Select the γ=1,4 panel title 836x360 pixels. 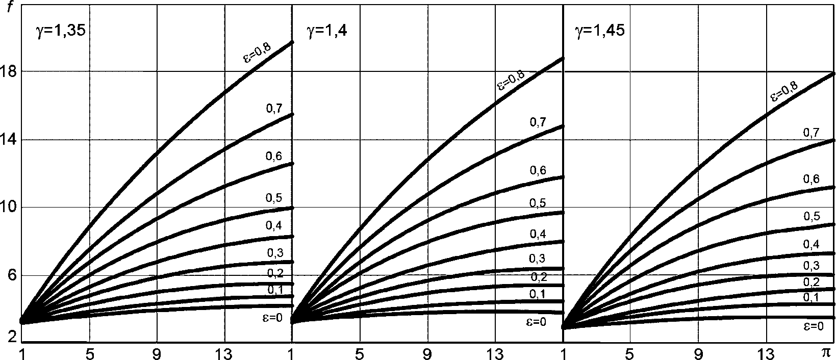click(x=326, y=31)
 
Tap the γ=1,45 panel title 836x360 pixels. click(x=599, y=31)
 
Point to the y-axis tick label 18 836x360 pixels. click(x=10, y=71)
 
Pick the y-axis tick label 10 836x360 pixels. click(x=10, y=207)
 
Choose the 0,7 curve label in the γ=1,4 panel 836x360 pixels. click(x=538, y=122)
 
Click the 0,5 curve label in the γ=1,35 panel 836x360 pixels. click(x=274, y=198)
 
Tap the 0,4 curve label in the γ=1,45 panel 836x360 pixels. click(x=811, y=245)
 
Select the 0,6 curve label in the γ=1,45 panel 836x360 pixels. click(x=811, y=178)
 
